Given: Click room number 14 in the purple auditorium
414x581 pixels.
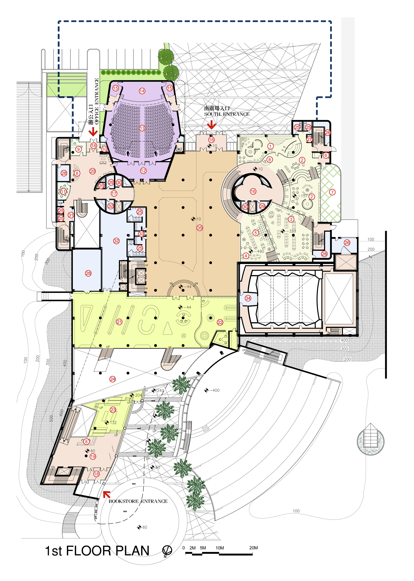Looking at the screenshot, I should pos(142,91).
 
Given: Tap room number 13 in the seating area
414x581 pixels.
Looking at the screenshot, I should pos(142,128).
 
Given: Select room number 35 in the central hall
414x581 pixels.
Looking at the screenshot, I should pos(200,228).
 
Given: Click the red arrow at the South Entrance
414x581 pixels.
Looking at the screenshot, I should pos(211,125).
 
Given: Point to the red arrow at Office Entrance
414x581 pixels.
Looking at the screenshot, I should pos(93,132).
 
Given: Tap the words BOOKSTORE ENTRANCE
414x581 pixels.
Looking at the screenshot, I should pos(138,501).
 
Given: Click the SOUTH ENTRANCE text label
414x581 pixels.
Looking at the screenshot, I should pos(227,114).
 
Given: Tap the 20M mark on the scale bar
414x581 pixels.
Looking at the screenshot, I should pos(253,548).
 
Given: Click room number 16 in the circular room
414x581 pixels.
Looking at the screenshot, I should pos(253,191).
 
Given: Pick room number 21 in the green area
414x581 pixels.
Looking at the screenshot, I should pos(119,322).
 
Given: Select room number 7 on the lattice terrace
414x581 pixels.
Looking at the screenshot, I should pos(332,192).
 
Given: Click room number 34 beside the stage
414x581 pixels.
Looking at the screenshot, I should pos(248,298).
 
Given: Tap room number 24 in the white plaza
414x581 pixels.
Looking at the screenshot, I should pos(112,379).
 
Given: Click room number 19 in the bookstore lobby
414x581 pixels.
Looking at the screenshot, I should pos(93,456).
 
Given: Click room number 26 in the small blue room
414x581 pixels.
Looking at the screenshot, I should pos(347,243).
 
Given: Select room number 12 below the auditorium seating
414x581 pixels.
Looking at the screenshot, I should pos(143,171).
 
